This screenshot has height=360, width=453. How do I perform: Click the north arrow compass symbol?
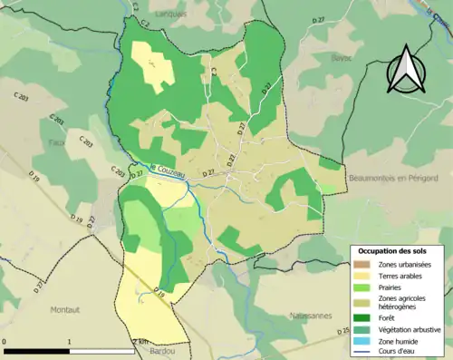pos(406,73)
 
